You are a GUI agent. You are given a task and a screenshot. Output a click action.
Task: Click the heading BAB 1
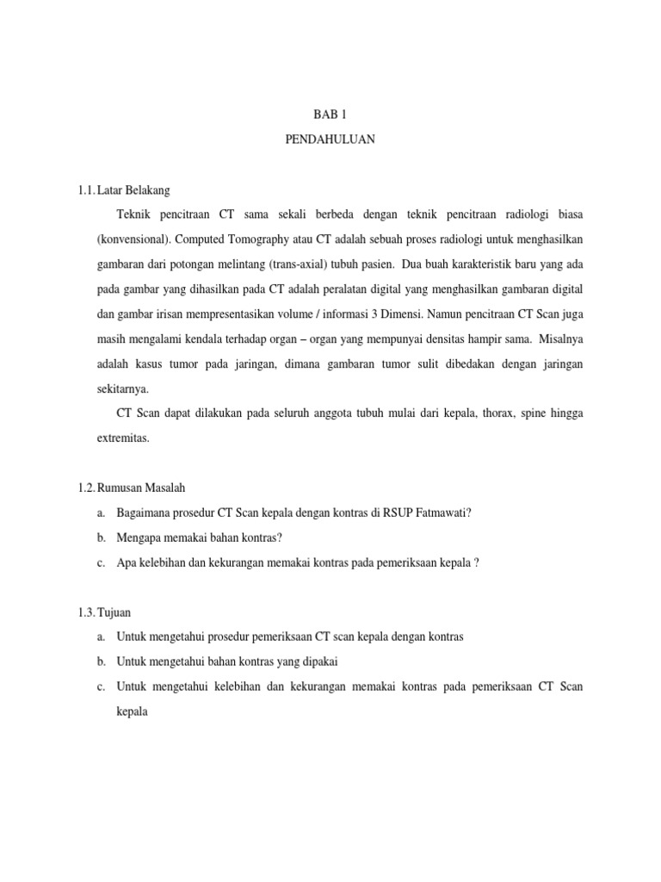click(x=330, y=114)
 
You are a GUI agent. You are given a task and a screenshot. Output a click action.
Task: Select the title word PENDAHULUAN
click(x=330, y=139)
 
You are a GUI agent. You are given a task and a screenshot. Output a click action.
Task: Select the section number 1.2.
click(x=86, y=488)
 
